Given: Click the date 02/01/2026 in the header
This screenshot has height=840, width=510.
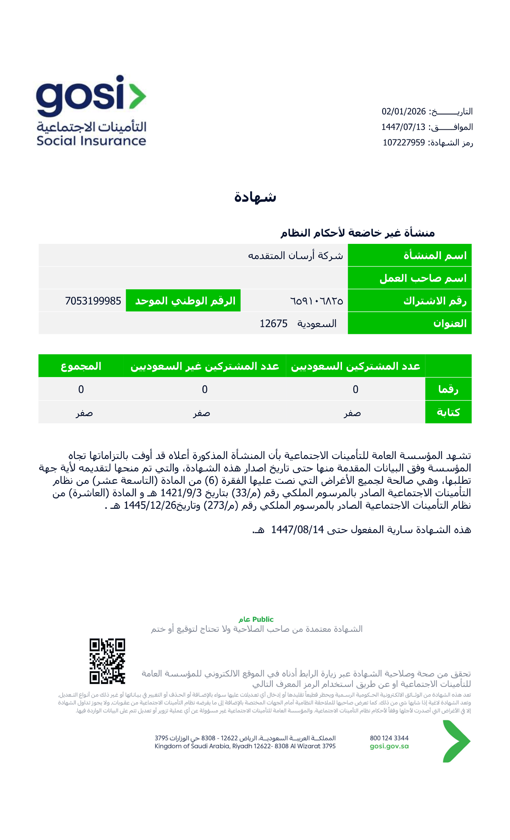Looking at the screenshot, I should coord(403,112).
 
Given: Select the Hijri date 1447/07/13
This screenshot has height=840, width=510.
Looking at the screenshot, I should coord(403,127).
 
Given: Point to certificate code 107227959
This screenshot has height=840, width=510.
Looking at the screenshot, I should coord(404,142).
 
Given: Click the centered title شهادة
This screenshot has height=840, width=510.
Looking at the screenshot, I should coord(255,197).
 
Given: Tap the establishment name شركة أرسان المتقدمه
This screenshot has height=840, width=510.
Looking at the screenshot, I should coord(295,255).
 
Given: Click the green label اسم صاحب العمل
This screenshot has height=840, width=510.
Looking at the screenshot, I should coord(423,278).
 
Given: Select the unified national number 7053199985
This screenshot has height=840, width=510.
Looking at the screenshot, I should coord(93,301).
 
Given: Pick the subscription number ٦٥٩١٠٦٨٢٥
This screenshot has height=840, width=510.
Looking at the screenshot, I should coord(317,301).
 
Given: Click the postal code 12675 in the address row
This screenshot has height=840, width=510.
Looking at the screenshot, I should coord(273,324).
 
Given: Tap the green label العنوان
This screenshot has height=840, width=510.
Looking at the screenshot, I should coord(450,323).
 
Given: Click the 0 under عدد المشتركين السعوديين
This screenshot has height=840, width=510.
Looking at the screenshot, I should coord(355,389).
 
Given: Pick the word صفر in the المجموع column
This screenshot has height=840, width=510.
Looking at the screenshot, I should coord(84,413).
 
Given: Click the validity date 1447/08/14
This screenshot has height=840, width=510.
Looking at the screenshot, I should coord(297,530).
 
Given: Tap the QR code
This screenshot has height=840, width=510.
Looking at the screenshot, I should coord(107,661).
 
